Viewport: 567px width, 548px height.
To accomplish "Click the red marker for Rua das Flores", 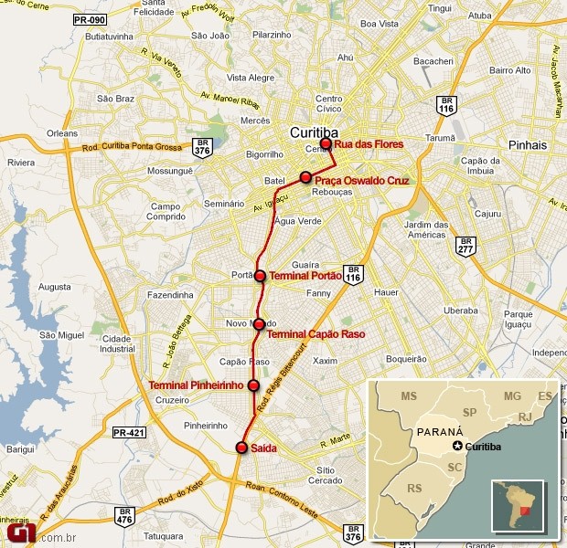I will [326, 143].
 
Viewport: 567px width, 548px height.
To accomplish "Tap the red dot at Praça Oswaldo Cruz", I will [305, 177].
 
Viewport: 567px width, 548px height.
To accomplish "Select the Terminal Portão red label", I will [305, 276].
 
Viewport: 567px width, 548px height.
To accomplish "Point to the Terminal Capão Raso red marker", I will [260, 324].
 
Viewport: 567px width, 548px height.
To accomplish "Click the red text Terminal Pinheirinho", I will [196, 385].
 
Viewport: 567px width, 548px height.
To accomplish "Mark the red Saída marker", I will [241, 448].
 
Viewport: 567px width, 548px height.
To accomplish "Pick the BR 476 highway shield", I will [123, 516].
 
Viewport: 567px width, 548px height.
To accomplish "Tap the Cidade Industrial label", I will [118, 343].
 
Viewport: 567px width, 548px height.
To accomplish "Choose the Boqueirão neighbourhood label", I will [407, 360].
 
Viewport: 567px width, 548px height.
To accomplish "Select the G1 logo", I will [20, 533].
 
